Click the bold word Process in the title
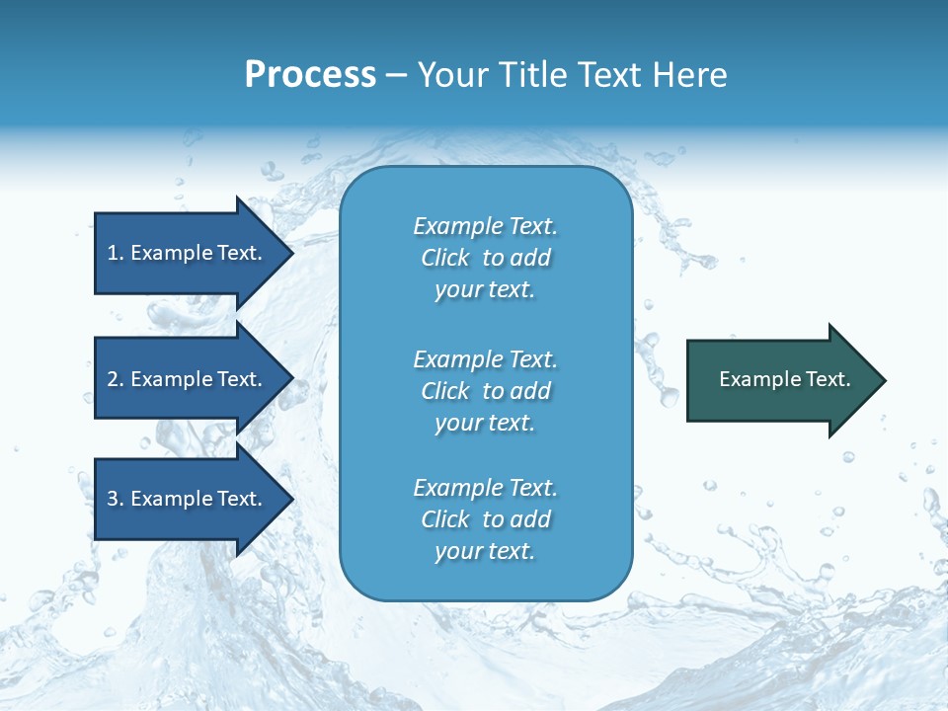click(310, 74)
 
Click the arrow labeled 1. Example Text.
click(188, 253)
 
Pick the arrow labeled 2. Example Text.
click(188, 379)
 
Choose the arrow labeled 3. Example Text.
click(188, 499)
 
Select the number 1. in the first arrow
click(116, 253)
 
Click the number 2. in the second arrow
click(116, 379)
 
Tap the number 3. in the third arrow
click(116, 499)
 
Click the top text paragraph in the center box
click(485, 258)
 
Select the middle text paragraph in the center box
click(485, 391)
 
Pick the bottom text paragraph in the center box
click(485, 519)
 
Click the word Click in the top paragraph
click(445, 258)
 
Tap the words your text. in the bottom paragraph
click(485, 551)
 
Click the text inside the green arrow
click(784, 379)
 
